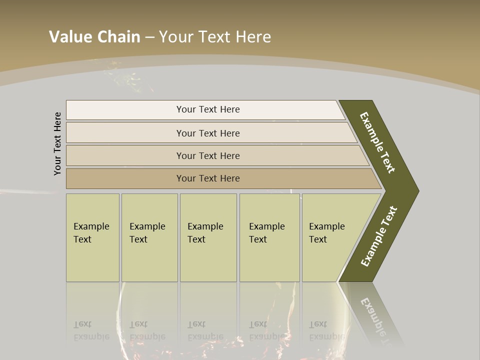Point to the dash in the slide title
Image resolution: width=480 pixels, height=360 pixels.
[149, 37]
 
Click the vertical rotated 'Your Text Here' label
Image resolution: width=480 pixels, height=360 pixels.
[57, 143]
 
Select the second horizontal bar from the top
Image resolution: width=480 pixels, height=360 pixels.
[207, 133]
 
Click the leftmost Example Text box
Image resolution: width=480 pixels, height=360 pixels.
[92, 237]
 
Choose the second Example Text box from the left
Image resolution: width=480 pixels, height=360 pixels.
[149, 237]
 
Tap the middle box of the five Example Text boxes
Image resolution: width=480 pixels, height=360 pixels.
[208, 237]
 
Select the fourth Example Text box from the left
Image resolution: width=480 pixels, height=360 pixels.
[269, 237]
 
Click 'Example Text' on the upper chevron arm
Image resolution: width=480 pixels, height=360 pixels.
[377, 142]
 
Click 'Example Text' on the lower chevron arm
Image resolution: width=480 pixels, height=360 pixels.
[379, 236]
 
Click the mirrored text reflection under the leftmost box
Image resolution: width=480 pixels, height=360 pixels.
[91, 330]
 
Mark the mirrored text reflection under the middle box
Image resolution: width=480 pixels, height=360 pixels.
[205, 330]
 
